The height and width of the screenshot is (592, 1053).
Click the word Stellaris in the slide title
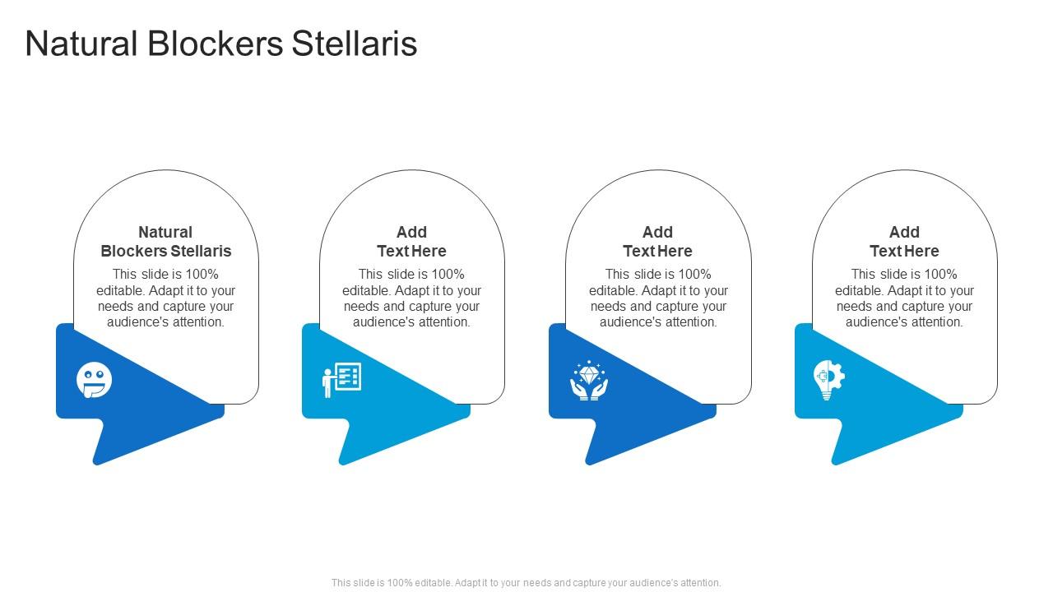click(x=354, y=44)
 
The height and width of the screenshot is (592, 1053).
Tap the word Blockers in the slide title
click(x=216, y=44)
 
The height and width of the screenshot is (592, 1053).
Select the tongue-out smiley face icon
click(x=95, y=381)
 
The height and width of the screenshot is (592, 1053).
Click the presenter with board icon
click(x=341, y=380)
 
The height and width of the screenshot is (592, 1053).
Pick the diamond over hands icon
click(x=588, y=381)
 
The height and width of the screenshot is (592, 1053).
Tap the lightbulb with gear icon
click(x=828, y=381)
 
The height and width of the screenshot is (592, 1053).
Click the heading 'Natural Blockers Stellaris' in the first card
click(x=166, y=242)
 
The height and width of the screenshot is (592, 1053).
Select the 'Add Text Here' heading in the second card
click(x=411, y=242)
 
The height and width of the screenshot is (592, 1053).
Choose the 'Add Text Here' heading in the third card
click(x=657, y=242)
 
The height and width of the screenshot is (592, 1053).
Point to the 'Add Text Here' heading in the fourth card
click(x=904, y=242)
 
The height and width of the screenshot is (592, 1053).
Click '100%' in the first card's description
click(x=202, y=275)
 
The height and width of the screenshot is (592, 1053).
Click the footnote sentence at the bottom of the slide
click(x=526, y=583)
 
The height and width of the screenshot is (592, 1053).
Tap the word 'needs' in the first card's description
click(x=115, y=307)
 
